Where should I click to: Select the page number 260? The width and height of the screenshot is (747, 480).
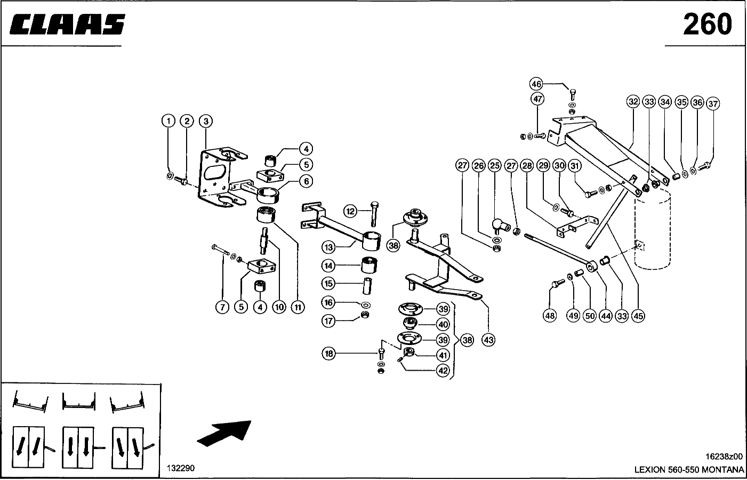coord(708,24)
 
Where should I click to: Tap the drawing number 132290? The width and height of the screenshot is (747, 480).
coord(181,468)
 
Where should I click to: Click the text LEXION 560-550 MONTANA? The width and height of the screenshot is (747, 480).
coord(689,470)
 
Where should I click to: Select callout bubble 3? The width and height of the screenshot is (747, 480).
coord(205,121)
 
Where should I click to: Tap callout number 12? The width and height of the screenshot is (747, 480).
coord(350,211)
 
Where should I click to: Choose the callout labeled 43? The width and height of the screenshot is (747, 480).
coord(488,339)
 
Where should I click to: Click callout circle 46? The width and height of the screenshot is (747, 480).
coord(536,84)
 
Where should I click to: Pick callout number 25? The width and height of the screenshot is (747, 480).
coord(494,165)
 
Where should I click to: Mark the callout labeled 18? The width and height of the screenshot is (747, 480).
coord(329,353)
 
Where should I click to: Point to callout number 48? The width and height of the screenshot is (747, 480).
coord(550,316)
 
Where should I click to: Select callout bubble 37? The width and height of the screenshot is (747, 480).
coord(713,103)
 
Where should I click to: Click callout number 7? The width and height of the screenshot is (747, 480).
coord(222,307)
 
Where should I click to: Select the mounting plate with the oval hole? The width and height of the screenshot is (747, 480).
coord(216,176)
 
